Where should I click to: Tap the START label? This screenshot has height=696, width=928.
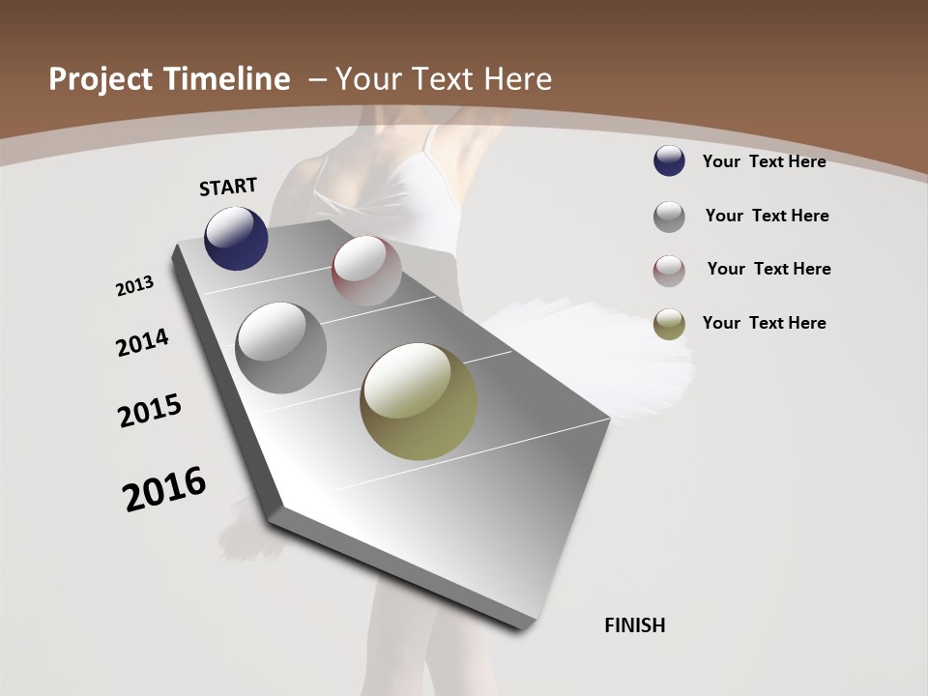pos(228,187)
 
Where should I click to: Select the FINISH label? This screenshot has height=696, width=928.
pos(635,625)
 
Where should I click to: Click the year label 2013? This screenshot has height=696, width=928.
pos(135,286)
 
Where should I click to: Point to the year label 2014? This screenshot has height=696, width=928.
pos(143,342)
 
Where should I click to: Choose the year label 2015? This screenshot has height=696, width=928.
pos(150,411)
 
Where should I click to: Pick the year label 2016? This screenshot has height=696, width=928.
pos(164,489)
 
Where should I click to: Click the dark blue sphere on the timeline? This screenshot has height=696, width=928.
pos(236,239)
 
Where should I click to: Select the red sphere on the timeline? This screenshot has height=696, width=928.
pos(366,270)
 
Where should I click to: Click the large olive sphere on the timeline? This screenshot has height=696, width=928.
pos(419,401)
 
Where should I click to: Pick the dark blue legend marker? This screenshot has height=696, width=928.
pos(669,161)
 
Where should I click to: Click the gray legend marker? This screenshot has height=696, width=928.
pos(669,217)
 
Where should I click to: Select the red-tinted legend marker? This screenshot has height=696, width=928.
pos(669,271)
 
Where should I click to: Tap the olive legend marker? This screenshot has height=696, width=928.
pos(669,325)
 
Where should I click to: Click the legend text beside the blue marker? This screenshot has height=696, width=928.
pos(764,161)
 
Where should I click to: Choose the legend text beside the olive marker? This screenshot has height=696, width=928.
pos(764,323)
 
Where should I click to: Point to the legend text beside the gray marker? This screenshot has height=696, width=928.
pos(767,216)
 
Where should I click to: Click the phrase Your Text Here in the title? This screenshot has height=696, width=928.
pos(444,79)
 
